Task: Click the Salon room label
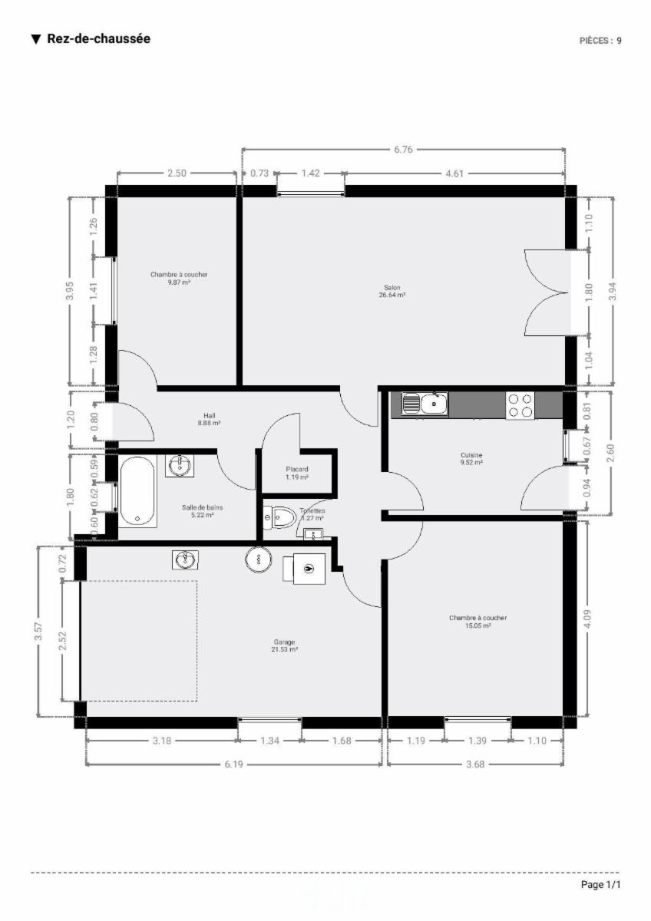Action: pos(392,287)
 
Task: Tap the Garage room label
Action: pos(284,642)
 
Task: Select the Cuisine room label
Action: pos(471,455)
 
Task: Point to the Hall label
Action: pos(209,415)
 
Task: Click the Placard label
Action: pos(297,469)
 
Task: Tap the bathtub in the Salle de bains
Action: pos(137,491)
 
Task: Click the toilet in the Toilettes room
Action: pos(279,517)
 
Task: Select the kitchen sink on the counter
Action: pos(425,404)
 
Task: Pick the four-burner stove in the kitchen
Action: pos(520,405)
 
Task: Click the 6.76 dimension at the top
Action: pos(403,150)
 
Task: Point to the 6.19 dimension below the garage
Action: pos(233,764)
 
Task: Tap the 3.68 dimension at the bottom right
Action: pos(475,764)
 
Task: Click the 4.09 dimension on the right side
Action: pos(587,619)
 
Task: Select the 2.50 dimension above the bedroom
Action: pos(177,173)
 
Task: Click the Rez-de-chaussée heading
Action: pos(99,38)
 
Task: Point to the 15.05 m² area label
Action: pos(478,626)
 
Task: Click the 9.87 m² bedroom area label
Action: pos(179,282)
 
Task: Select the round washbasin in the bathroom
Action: pos(180,466)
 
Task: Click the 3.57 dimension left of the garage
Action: pos(38,631)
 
